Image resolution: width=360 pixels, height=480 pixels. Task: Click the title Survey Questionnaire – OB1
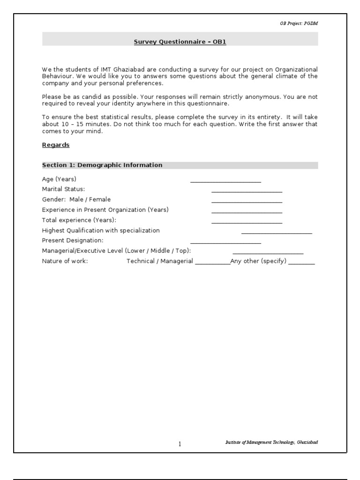(180, 42)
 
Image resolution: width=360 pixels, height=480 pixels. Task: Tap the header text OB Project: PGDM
(299, 23)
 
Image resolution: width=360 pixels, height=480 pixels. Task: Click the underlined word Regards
(56, 145)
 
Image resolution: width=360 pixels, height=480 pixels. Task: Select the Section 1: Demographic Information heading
(102, 165)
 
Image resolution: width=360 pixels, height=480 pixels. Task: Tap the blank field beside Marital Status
(247, 191)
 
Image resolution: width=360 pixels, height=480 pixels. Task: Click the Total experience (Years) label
(79, 220)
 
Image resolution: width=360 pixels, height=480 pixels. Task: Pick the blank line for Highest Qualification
(277, 233)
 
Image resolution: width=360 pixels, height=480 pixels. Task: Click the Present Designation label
(73, 240)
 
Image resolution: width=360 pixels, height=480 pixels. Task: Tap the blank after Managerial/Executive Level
(268, 253)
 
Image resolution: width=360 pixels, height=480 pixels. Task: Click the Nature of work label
(65, 261)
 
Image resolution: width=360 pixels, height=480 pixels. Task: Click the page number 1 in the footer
(180, 444)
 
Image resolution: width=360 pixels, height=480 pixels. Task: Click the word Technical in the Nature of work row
(141, 261)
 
